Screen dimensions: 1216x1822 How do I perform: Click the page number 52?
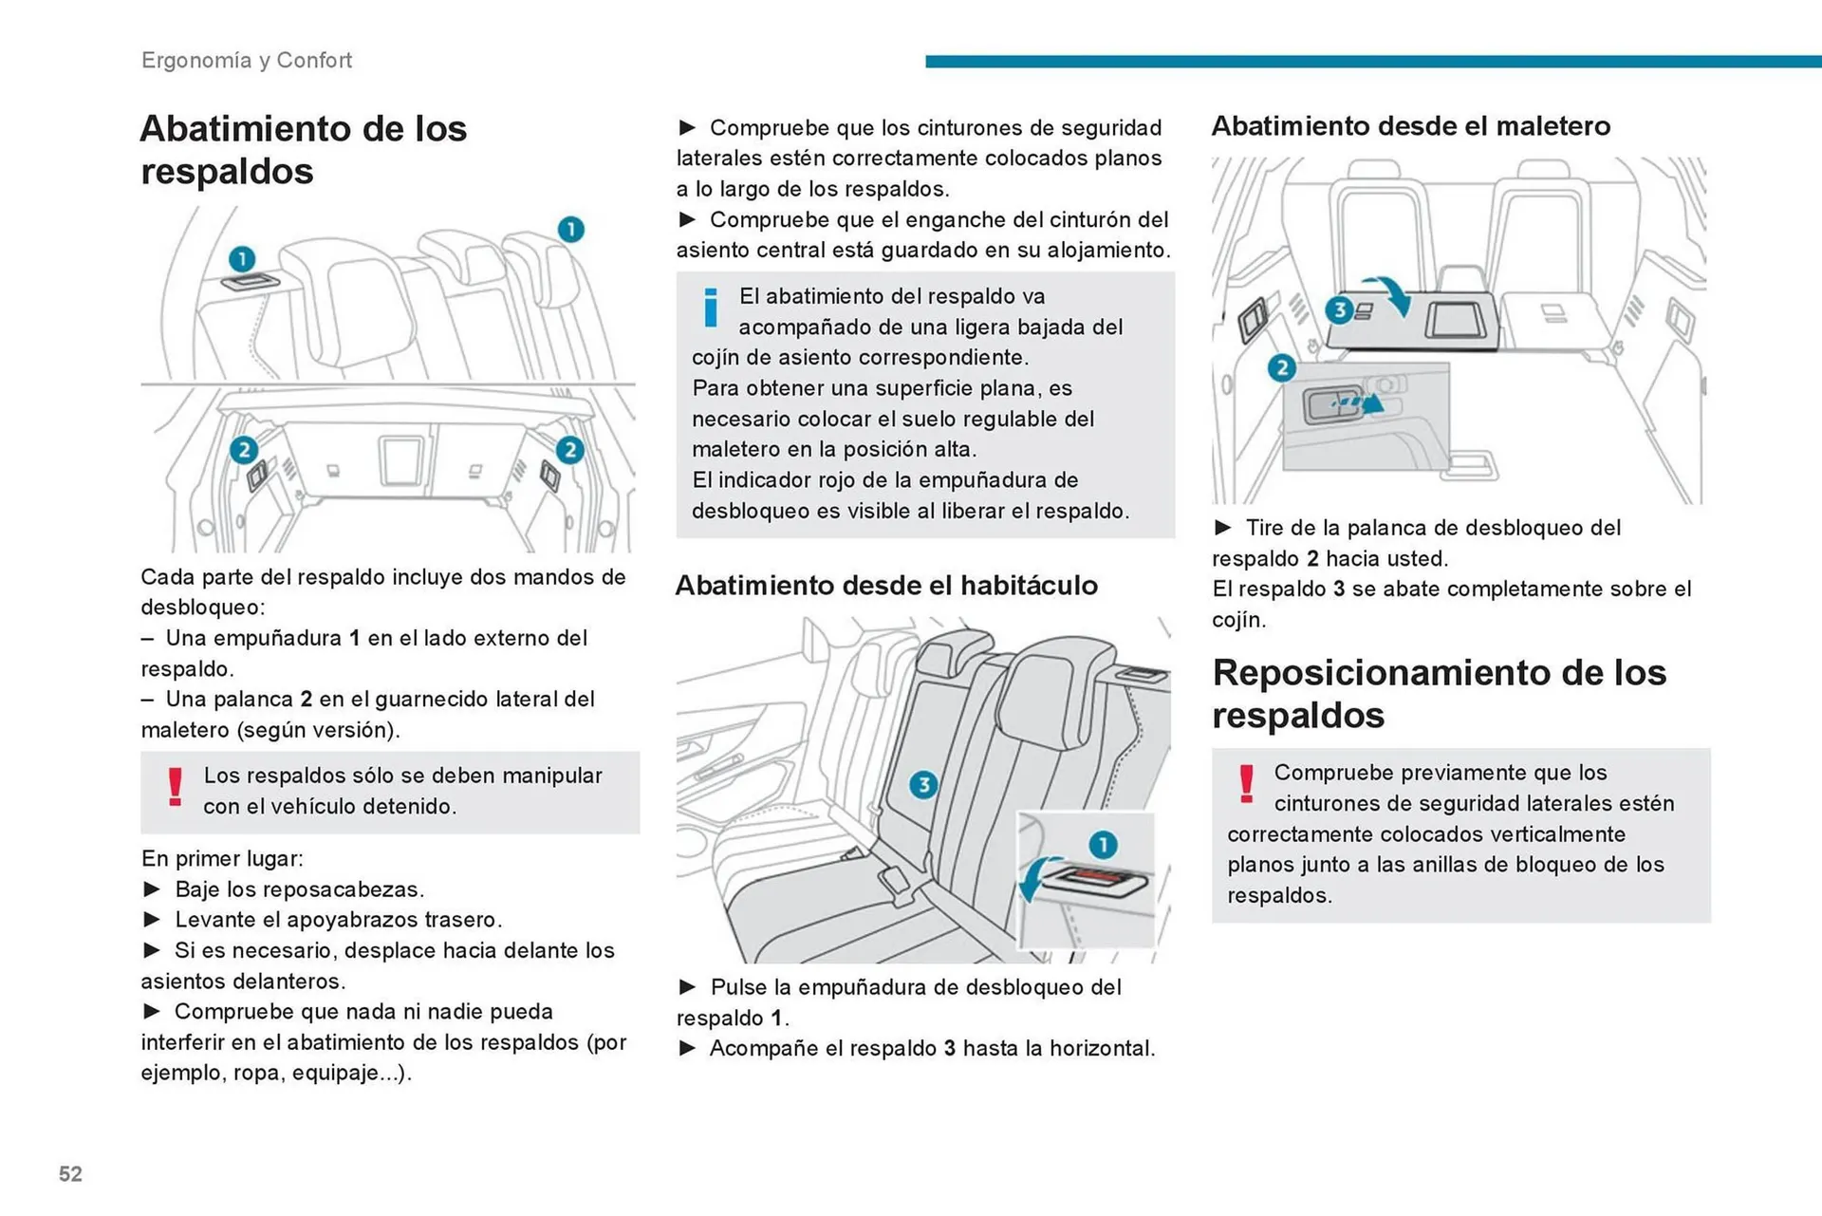[70, 1174]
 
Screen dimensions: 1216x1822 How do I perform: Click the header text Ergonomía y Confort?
[246, 61]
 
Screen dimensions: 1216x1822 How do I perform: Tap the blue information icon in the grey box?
[710, 308]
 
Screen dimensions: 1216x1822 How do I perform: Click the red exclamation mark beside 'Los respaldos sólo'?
[175, 787]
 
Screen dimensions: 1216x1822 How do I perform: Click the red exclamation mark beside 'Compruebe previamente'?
[1246, 784]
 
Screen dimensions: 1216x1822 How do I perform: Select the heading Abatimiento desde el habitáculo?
[885, 586]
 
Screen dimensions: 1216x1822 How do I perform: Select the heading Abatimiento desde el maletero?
[1410, 126]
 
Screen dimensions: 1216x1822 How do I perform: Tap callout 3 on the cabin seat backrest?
[922, 785]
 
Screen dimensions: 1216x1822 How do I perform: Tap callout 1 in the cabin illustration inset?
[1102, 844]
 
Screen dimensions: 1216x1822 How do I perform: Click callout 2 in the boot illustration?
[1281, 368]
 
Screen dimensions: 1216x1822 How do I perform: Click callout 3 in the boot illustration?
[1338, 309]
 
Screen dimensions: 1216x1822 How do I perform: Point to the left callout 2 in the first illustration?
[244, 450]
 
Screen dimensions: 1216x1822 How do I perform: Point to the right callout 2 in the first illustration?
[569, 450]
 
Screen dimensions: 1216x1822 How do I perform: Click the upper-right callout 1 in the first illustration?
[570, 230]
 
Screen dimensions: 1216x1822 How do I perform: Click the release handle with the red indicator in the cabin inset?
[1097, 878]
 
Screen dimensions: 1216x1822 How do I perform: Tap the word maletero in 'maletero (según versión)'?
[185, 730]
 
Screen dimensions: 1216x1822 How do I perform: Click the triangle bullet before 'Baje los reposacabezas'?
[152, 889]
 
